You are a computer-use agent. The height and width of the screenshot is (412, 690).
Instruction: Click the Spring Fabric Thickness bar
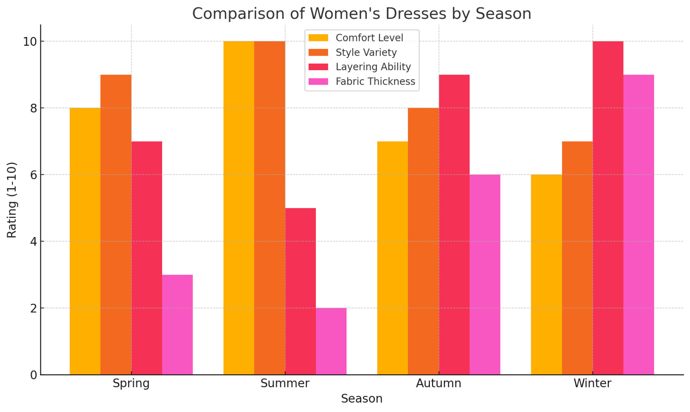(177, 325)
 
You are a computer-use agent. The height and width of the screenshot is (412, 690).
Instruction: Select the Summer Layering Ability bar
(300, 291)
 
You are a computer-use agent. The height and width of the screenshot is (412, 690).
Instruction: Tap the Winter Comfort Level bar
(546, 275)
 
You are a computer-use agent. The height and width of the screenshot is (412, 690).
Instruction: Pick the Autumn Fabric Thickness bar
(485, 275)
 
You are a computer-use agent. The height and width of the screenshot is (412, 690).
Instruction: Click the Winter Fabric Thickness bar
(639, 225)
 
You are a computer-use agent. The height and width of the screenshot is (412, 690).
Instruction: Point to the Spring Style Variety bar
(116, 225)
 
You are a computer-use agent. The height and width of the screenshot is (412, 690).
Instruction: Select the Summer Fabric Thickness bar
(331, 341)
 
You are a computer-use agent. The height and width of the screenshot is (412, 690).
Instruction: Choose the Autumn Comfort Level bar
(392, 258)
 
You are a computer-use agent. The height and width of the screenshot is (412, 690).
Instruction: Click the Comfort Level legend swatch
(318, 38)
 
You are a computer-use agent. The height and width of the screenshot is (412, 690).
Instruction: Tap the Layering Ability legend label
(373, 67)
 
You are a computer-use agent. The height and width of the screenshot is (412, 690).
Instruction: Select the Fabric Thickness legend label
(375, 82)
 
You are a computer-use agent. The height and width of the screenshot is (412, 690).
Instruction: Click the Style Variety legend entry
(366, 53)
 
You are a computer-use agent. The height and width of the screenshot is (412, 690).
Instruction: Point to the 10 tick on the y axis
(30, 42)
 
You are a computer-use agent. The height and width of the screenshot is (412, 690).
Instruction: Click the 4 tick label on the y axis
(33, 242)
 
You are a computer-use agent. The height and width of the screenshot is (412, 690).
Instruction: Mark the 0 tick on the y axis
(33, 375)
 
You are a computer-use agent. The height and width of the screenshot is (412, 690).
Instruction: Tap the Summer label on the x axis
(285, 383)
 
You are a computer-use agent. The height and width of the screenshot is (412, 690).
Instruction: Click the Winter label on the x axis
(592, 383)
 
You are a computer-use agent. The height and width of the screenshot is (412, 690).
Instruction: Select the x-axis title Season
(362, 399)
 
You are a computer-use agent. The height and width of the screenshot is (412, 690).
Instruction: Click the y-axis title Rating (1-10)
(12, 200)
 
